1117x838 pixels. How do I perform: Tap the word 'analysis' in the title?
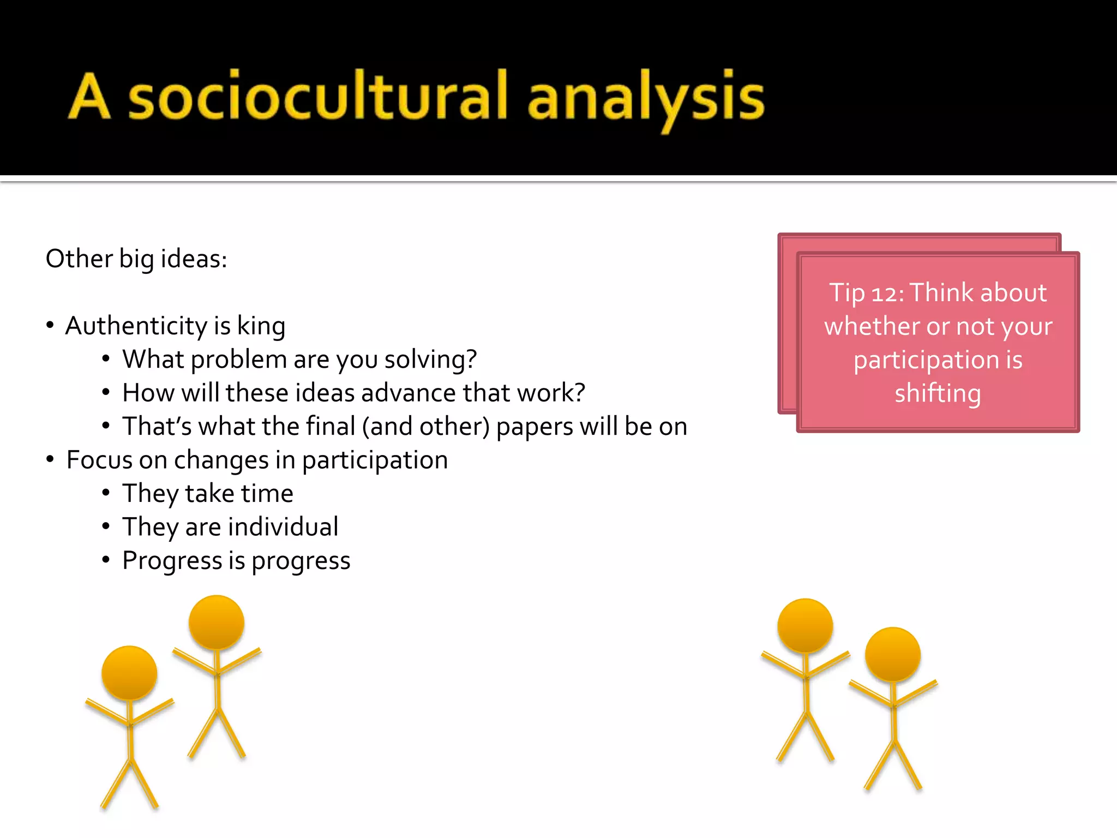pos(646,98)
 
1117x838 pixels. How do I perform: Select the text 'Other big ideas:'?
pos(136,258)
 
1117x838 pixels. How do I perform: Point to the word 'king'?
pos(261,327)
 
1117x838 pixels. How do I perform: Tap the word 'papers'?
pos(535,427)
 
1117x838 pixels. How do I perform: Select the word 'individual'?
pos(283,527)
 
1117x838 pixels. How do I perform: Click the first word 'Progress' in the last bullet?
pos(172,561)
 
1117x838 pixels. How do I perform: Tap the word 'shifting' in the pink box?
pos(938,393)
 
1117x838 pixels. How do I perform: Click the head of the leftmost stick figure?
pos(129,673)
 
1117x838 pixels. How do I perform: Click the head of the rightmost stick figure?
pos(893,654)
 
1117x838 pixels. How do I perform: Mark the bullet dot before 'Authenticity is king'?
pos(50,326)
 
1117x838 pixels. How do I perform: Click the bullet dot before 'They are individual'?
pos(106,526)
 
